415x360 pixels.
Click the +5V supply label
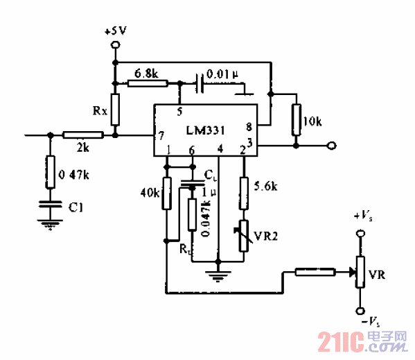point(115,31)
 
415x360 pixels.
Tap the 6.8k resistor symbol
point(148,83)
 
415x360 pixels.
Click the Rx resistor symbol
point(116,109)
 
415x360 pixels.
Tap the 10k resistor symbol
point(296,119)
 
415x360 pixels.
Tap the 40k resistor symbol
point(166,195)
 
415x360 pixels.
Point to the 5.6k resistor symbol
point(244,194)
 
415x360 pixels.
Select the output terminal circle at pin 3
point(332,146)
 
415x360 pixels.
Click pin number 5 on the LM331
point(179,111)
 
